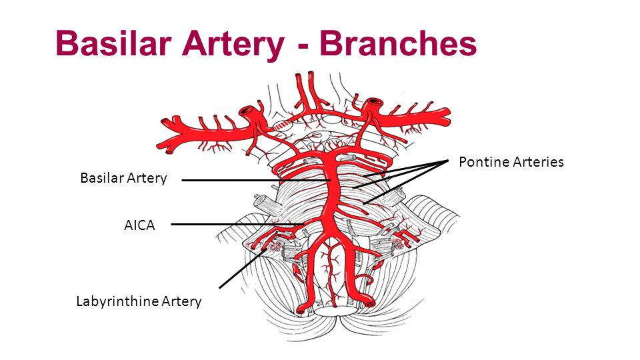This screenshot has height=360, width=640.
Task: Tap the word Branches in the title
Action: [397, 43]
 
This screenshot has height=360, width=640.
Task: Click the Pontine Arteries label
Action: [511, 161]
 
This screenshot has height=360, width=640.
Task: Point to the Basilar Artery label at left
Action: [123, 178]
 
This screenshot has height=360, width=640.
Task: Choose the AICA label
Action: [139, 225]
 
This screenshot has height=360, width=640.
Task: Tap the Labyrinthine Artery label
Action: [139, 301]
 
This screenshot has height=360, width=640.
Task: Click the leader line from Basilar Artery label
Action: [253, 179]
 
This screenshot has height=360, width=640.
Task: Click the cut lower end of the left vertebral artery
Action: [302, 308]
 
